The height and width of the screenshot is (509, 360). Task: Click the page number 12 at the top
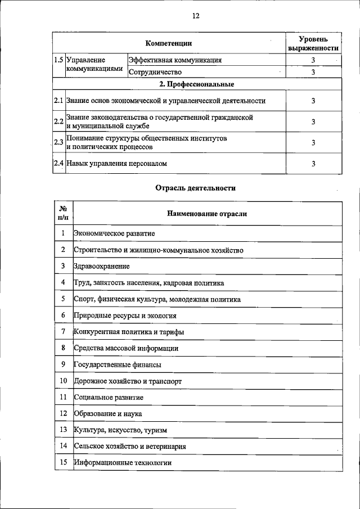point(195,16)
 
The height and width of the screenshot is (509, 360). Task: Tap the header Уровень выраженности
point(313,43)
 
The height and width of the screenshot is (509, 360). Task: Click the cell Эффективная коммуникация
point(175,60)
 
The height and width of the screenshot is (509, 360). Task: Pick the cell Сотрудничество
point(155,71)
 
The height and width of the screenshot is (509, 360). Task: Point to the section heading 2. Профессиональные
point(196,84)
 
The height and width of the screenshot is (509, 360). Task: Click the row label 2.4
point(58,164)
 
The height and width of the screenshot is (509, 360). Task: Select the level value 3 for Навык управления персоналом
point(313,164)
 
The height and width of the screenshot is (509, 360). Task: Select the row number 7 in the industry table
point(64,332)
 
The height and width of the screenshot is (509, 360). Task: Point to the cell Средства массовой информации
point(126,348)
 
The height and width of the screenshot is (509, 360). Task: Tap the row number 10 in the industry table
point(64,381)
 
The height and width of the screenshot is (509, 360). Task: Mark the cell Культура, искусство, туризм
point(120,430)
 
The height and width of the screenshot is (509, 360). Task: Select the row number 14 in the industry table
point(64,446)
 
